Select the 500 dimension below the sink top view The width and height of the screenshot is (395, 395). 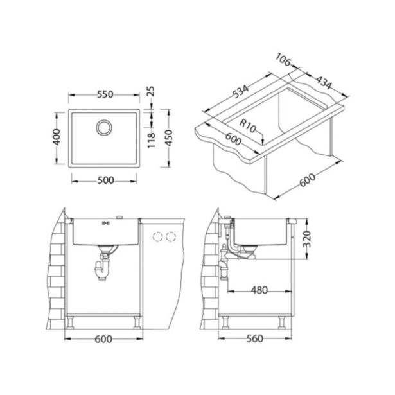[x=105, y=180]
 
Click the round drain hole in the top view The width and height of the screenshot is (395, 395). [x=103, y=127]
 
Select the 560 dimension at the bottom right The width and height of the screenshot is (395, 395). [x=256, y=338]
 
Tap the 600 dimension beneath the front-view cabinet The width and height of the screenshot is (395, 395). [x=105, y=338]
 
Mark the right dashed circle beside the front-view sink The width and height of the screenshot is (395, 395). [x=170, y=237]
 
